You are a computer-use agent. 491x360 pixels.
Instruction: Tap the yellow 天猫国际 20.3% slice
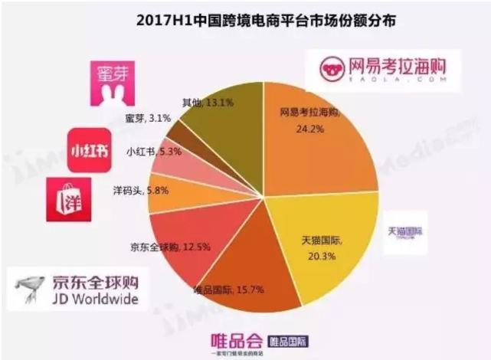coord(337,245)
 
